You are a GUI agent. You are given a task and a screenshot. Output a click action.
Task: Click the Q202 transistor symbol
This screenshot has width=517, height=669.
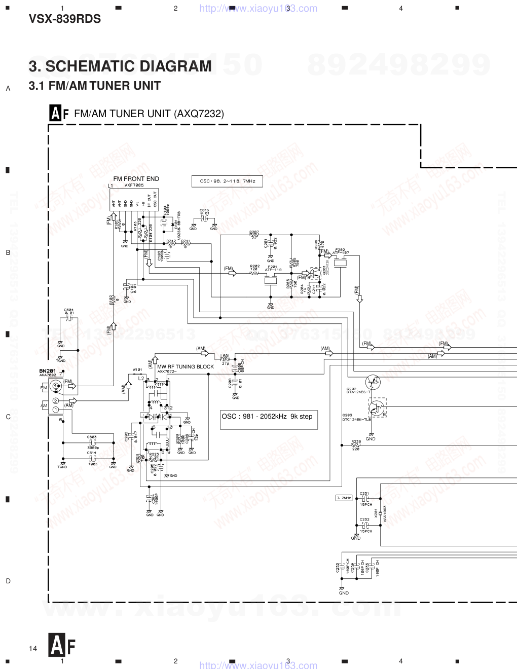tap(373, 382)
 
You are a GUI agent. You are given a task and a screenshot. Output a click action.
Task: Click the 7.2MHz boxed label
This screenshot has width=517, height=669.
tap(344, 498)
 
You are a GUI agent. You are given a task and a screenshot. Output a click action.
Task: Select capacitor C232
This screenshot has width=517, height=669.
tap(365, 526)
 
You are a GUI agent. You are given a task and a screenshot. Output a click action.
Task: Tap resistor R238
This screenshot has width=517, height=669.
tap(356, 445)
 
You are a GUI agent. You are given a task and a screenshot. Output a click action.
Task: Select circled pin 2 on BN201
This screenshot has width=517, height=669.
tap(55, 401)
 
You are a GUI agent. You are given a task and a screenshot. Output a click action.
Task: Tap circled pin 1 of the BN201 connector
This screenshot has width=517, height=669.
tap(55, 408)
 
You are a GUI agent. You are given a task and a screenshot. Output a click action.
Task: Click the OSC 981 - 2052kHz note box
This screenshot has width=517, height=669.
tap(269, 420)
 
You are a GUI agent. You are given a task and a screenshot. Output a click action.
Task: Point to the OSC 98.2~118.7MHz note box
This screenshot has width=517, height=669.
tap(227, 181)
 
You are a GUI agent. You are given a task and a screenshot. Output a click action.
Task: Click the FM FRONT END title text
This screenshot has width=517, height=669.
tap(136, 179)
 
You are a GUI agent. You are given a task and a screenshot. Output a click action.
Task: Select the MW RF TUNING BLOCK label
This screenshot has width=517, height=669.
tap(185, 366)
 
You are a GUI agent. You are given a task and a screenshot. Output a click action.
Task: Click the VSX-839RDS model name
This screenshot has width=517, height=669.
tap(65, 19)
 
